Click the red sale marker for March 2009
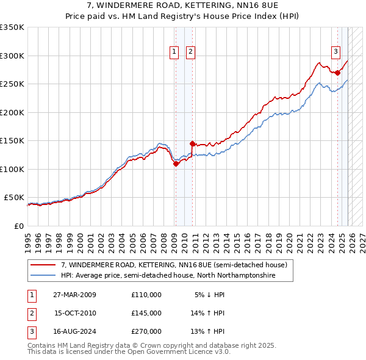176,164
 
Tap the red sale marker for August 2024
337,73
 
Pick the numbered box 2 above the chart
191,52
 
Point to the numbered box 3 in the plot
335,51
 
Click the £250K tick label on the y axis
12,84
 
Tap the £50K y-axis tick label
14,198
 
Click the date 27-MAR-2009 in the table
74,295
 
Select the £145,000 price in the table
146,313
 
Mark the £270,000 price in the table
146,331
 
